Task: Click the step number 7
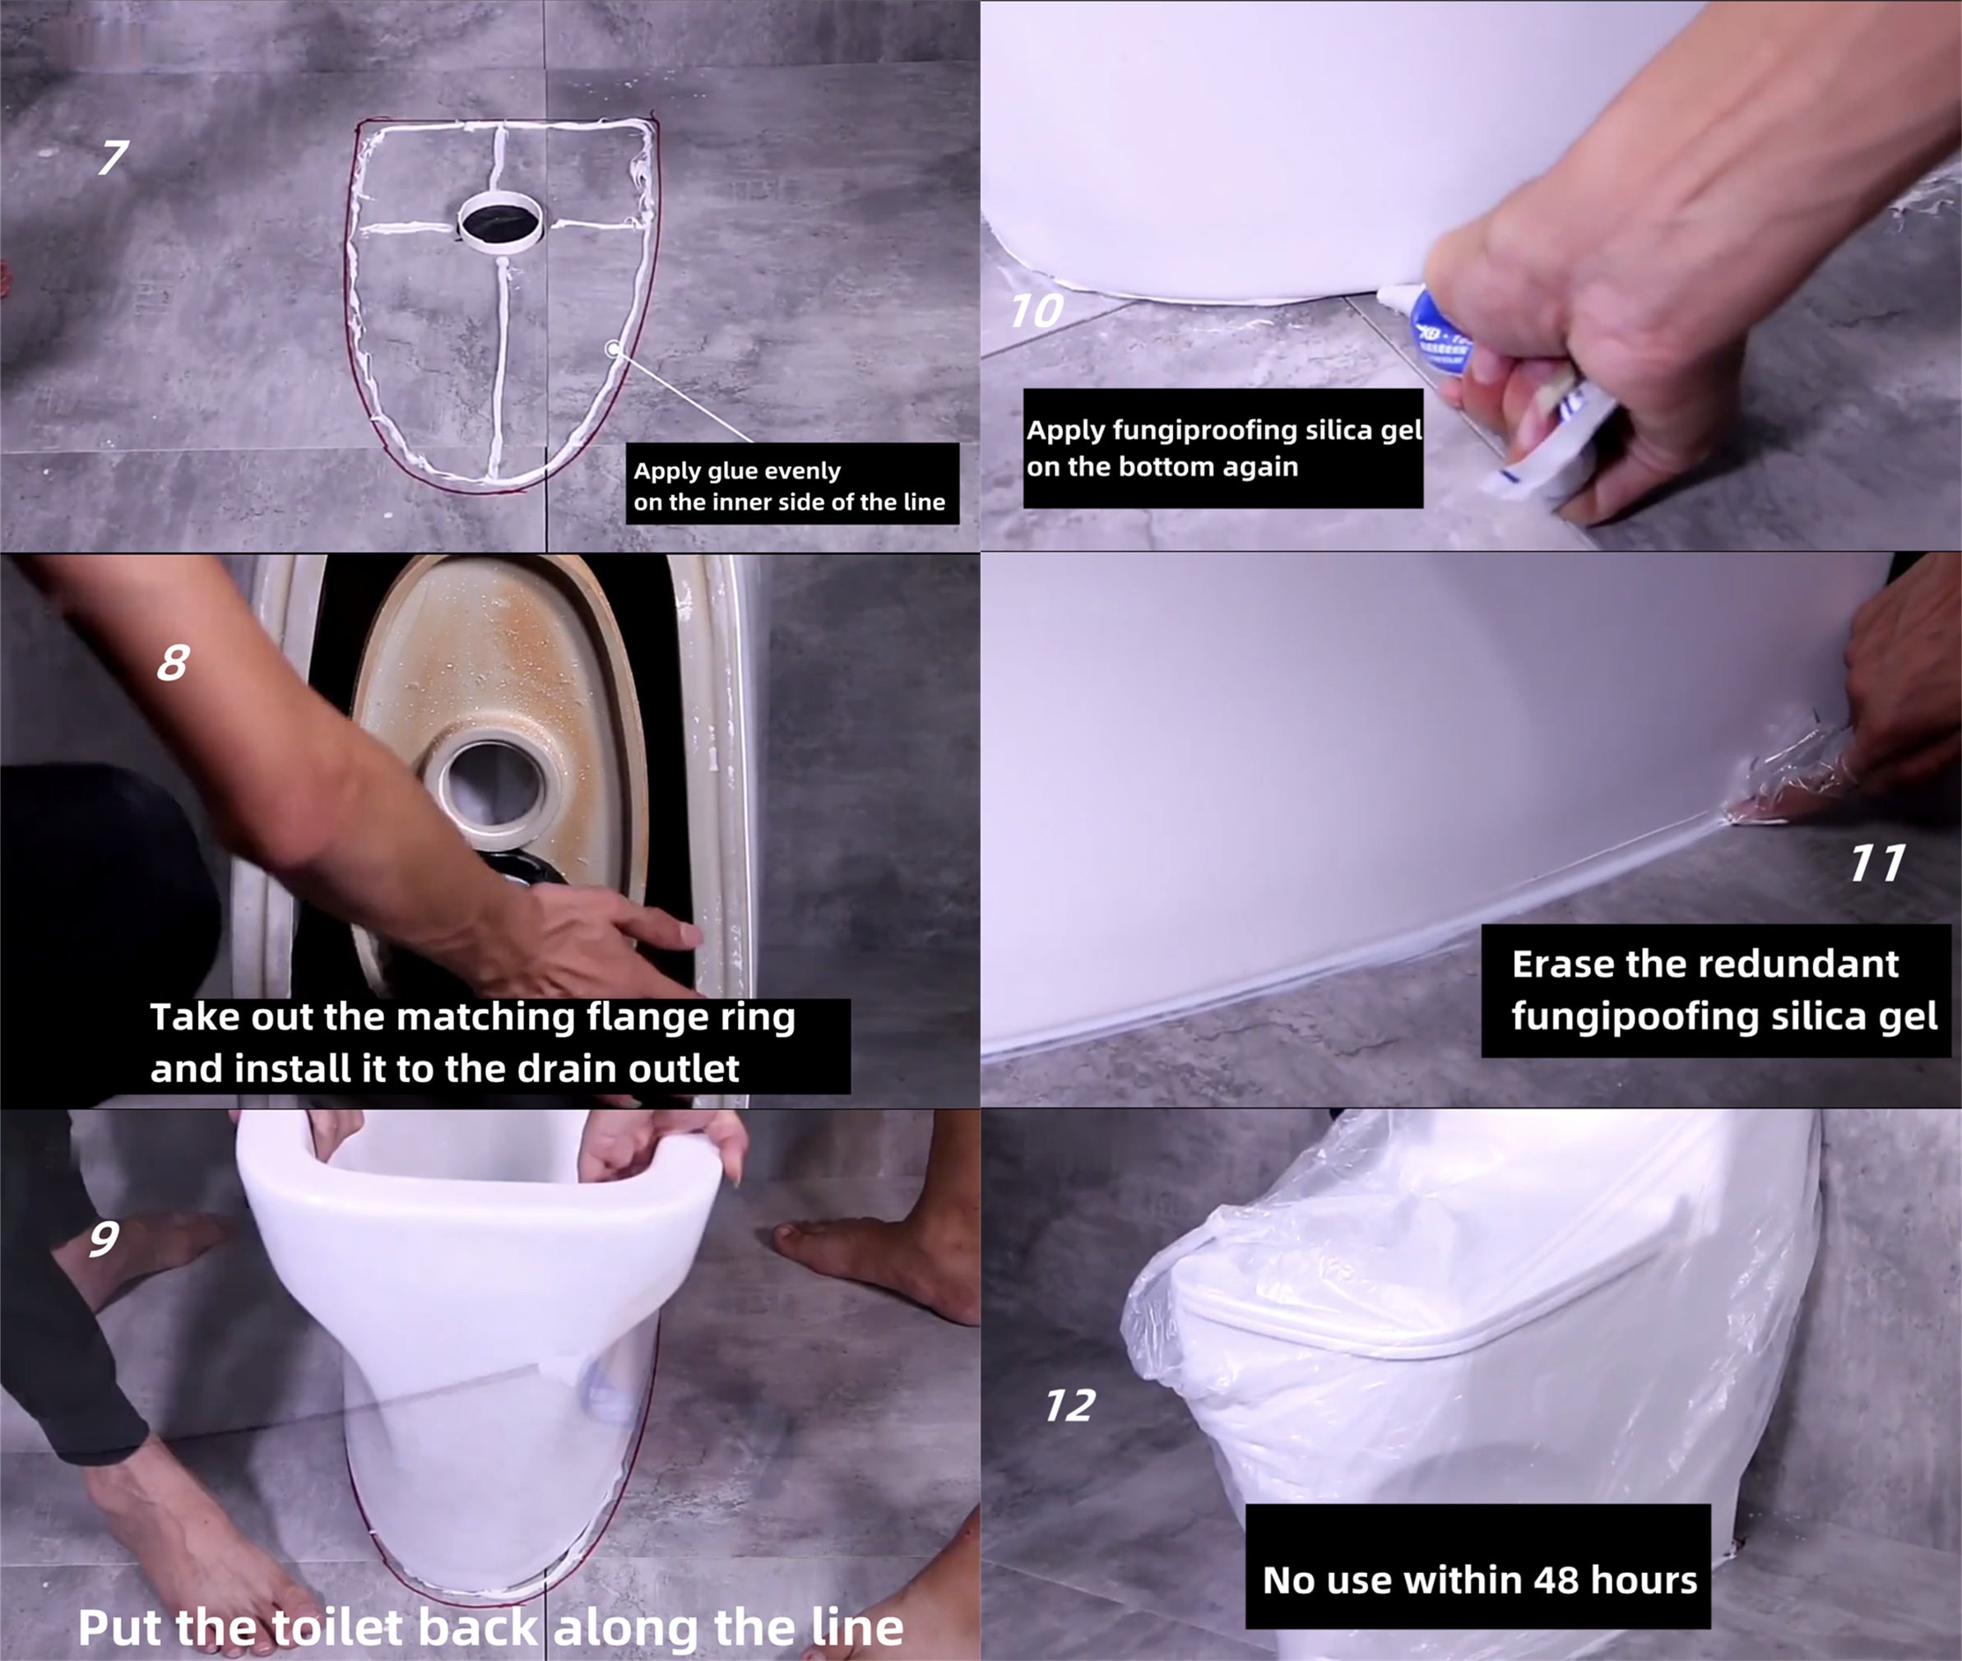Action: pyautogui.click(x=113, y=157)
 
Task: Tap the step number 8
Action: pyautogui.click(x=174, y=663)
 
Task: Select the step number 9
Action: pyautogui.click(x=104, y=1238)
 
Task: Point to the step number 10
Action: pyautogui.click(x=1036, y=311)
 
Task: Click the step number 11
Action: pyautogui.click(x=1877, y=863)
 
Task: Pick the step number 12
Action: pyautogui.click(x=1070, y=1406)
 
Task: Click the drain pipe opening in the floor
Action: pyautogui.click(x=499, y=220)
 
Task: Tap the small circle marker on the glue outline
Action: pyautogui.click(x=613, y=349)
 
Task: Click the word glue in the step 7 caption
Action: pyautogui.click(x=726, y=471)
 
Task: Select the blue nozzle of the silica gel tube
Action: pyautogui.click(x=1436, y=325)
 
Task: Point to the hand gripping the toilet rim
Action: pyautogui.click(x=659, y=1144)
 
